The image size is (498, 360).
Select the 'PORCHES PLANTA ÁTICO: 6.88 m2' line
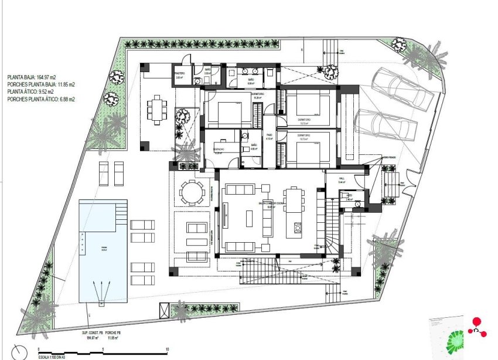(41, 100)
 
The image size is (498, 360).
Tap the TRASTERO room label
(179, 73)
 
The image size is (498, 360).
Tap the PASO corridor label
(270, 138)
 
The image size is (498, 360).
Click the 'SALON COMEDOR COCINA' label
(271, 204)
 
